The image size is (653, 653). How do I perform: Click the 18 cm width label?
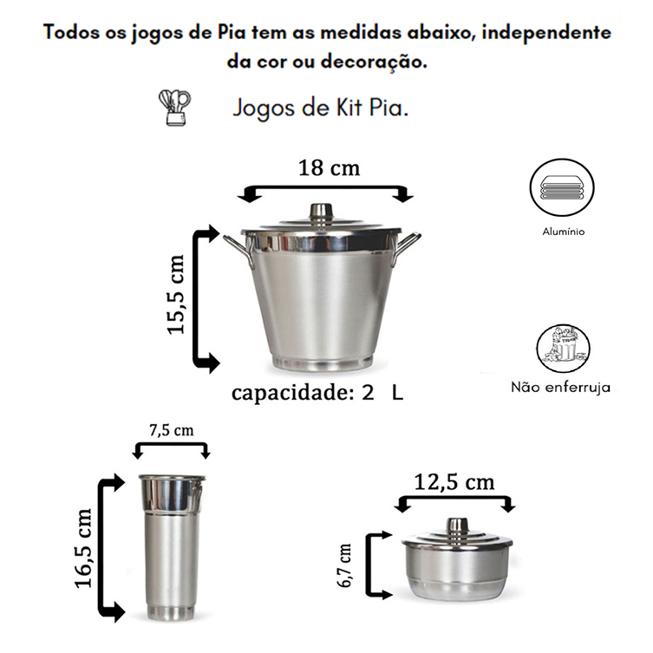[329, 168]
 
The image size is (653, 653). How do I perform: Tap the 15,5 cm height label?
[175, 295]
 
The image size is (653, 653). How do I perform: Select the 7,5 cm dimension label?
[172, 430]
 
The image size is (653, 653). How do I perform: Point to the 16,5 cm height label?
[83, 548]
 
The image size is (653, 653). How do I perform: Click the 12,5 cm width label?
[454, 483]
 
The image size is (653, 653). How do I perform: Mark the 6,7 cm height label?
[345, 565]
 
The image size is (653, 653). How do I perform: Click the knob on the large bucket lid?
[321, 212]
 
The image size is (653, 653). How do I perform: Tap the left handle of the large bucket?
[238, 251]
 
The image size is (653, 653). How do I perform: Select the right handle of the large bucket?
[407, 248]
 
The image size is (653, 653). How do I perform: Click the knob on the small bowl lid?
[457, 528]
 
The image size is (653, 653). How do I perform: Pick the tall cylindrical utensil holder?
[172, 547]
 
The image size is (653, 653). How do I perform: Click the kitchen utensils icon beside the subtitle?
[175, 108]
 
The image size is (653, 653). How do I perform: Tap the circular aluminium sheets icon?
[562, 187]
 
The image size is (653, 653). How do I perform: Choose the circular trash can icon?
[563, 349]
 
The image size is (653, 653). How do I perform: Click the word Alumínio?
[563, 232]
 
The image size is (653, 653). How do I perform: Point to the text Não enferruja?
[560, 388]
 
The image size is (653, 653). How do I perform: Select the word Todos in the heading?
[71, 32]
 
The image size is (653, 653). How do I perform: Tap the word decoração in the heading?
[374, 62]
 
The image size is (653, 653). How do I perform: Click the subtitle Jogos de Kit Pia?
[320, 108]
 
